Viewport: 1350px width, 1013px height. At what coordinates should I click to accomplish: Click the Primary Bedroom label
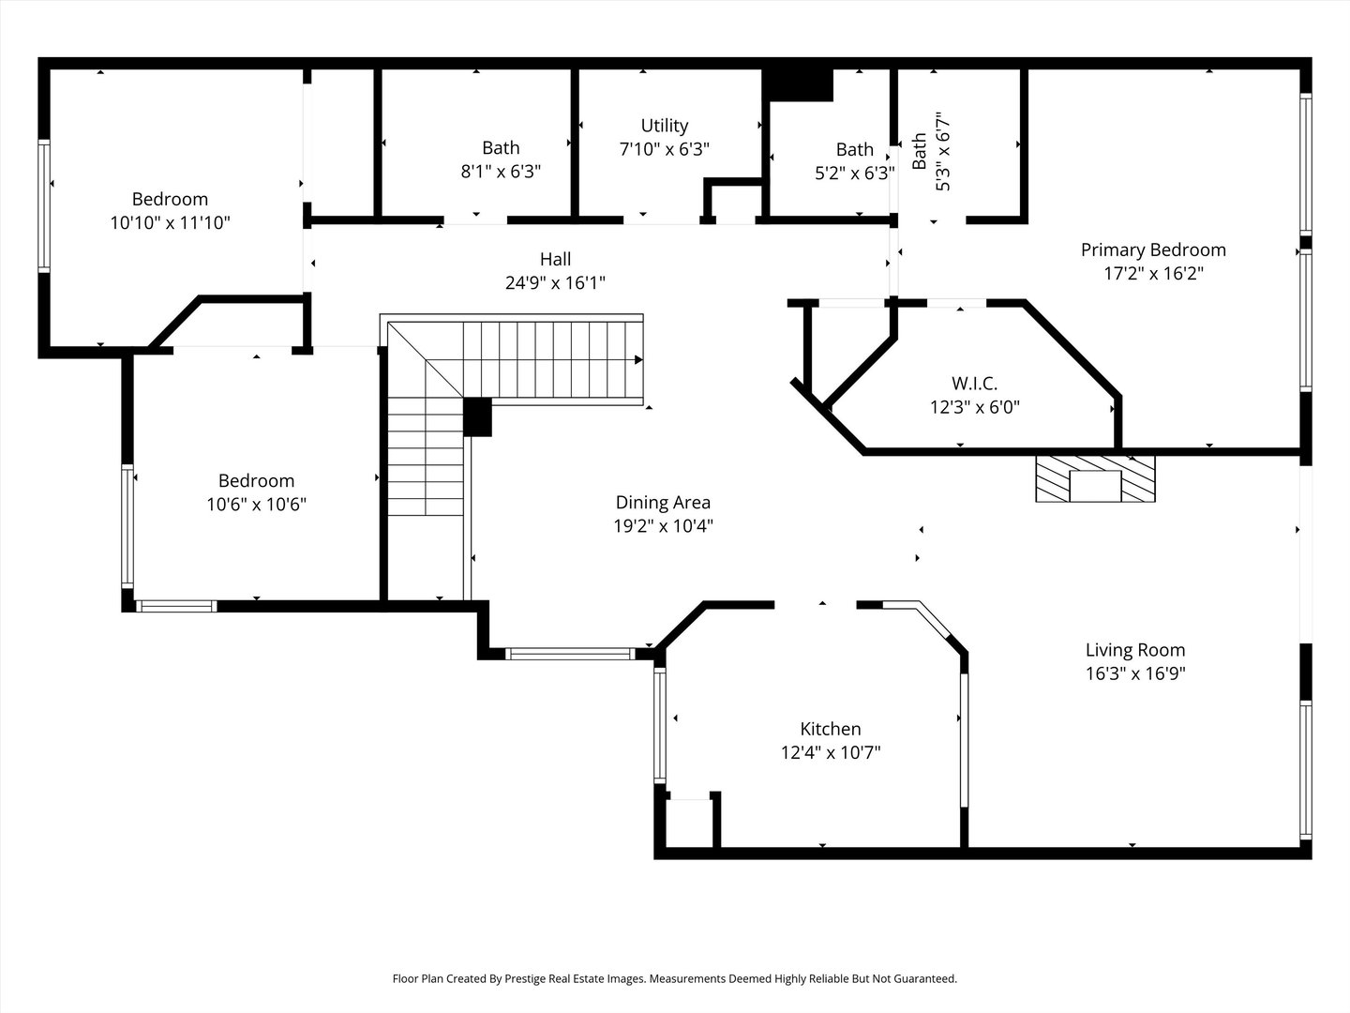coord(1153,249)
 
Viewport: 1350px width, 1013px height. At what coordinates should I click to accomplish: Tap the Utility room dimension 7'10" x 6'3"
coord(665,149)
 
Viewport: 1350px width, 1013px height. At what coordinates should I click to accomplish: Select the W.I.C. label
coord(974,384)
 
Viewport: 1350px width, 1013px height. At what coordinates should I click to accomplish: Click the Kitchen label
coord(831,729)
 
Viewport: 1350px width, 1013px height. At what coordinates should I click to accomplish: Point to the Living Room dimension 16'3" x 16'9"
coord(1135,673)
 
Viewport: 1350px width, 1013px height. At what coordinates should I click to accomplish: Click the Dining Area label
coord(663,503)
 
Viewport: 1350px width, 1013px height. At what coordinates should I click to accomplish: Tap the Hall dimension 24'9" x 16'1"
coord(555,283)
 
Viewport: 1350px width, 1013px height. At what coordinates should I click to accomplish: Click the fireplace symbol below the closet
coord(1095,478)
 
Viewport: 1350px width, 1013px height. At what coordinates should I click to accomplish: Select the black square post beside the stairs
coord(477,417)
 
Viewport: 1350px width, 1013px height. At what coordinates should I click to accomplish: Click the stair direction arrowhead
coord(639,360)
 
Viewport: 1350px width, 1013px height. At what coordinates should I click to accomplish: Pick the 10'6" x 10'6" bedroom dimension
coord(257,505)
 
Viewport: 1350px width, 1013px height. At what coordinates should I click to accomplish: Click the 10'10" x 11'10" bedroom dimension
coord(170,222)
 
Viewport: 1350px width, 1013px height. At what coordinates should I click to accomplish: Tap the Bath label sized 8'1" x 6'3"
coord(501,148)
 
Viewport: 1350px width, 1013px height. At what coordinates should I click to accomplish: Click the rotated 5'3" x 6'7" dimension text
coord(942,151)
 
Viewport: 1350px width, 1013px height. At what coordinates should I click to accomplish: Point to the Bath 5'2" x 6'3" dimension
coord(855,174)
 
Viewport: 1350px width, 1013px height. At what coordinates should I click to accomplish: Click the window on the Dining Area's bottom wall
coord(570,654)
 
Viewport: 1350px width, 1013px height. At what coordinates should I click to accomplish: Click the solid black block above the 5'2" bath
coord(798,84)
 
